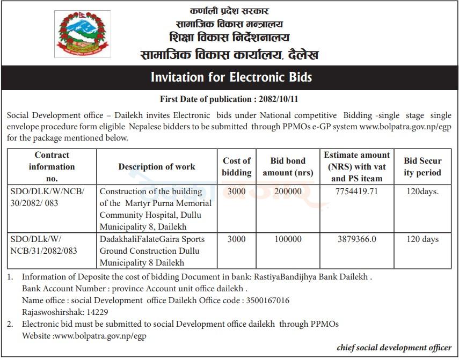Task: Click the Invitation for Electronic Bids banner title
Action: point(231,77)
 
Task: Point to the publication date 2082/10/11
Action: point(279,99)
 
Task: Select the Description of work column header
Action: point(157,167)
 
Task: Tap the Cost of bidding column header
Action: point(236,167)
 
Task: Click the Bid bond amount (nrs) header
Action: point(288,167)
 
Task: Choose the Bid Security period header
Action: point(422,167)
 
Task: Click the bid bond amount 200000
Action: point(288,192)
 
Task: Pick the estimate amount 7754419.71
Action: point(356,192)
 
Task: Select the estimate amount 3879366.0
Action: point(356,239)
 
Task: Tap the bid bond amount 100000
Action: point(288,239)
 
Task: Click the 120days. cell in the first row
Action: point(422,192)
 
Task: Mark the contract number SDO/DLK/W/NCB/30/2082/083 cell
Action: point(51,197)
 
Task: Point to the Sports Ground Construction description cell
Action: point(157,251)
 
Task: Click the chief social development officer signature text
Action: point(394,348)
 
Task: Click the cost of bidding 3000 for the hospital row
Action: point(236,192)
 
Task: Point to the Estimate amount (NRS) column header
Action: point(356,167)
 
